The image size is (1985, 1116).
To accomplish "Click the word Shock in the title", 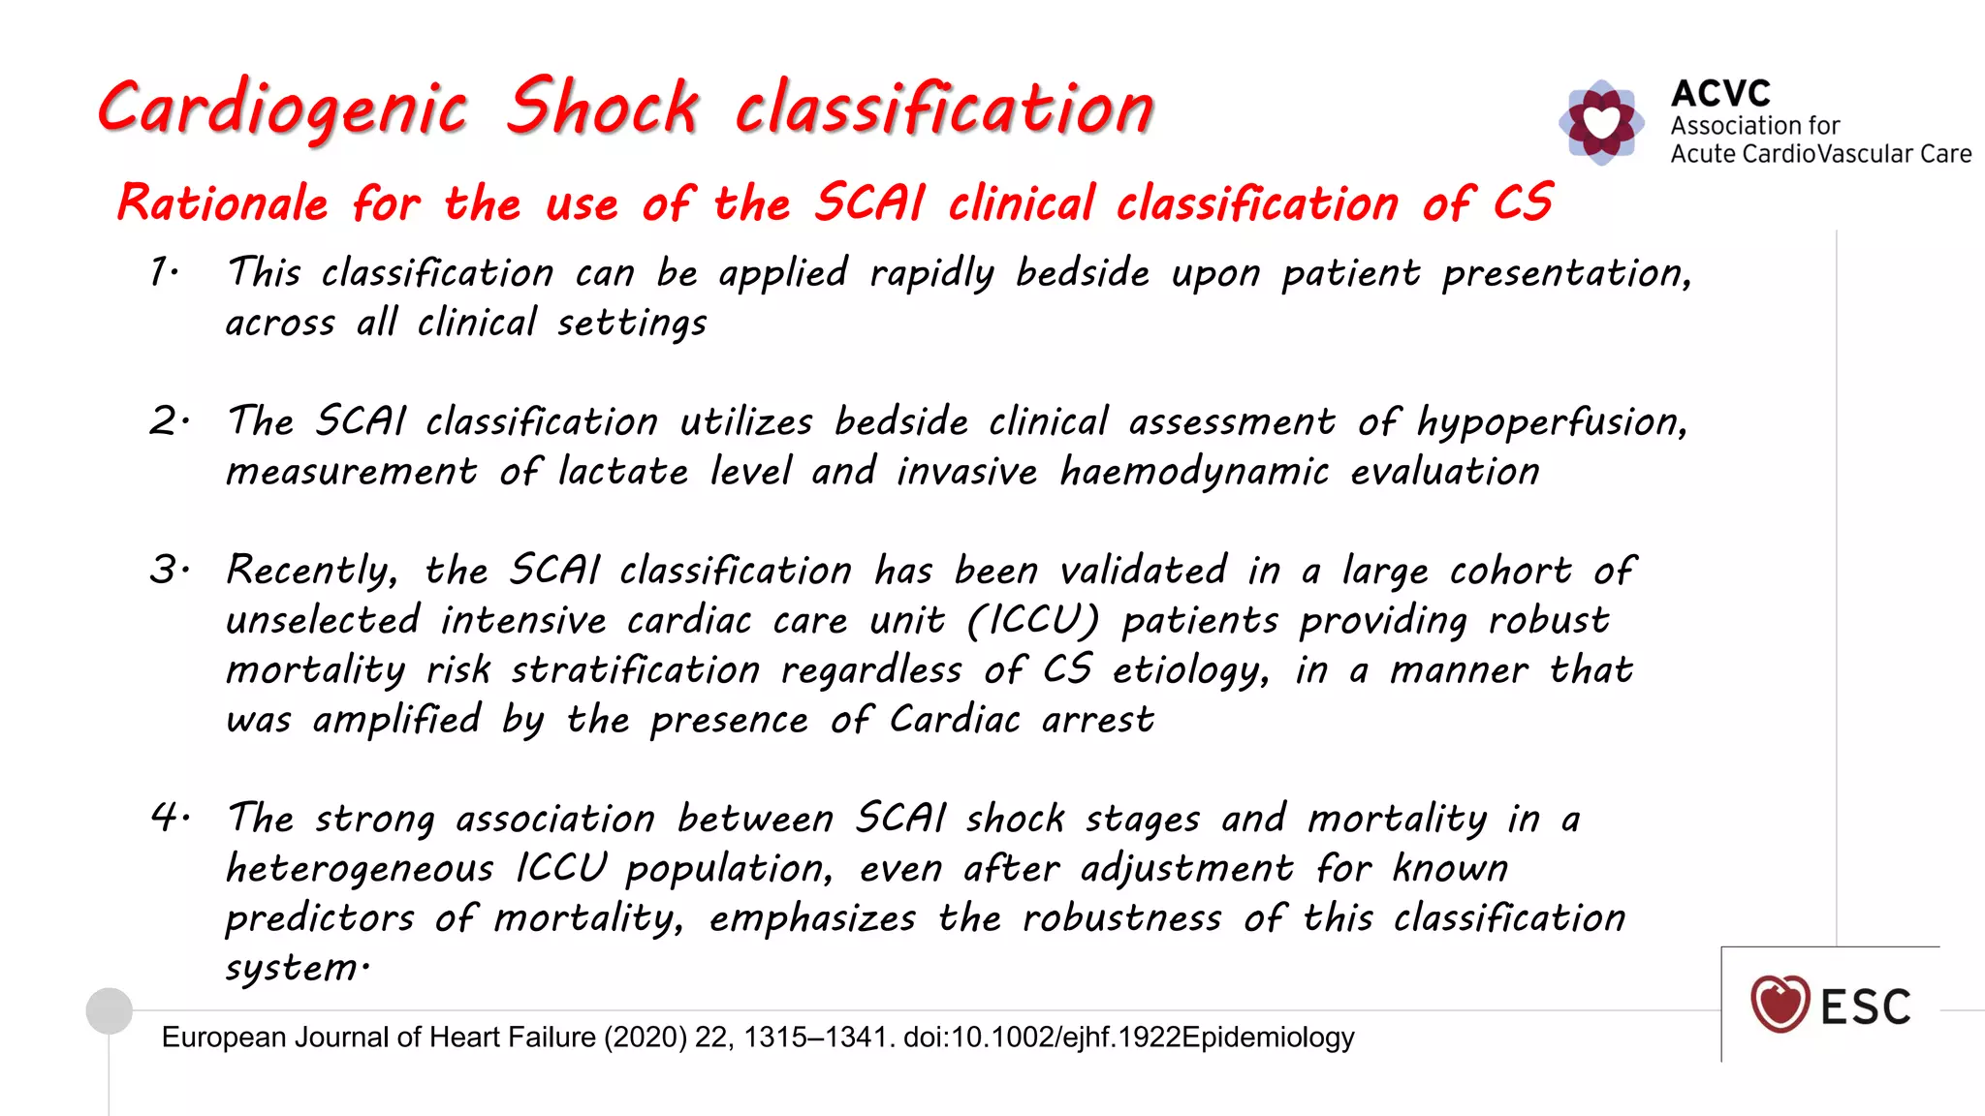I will [x=602, y=107].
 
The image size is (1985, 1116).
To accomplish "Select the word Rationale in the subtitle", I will [x=223, y=203].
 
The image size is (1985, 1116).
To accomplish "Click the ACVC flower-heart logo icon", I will [x=1601, y=122].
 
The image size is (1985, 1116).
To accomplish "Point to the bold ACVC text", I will [x=1720, y=94].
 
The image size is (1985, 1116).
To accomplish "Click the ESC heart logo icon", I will [x=1780, y=1004].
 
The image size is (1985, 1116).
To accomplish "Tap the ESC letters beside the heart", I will [x=1866, y=1007].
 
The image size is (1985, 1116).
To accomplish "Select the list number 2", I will [x=167, y=421].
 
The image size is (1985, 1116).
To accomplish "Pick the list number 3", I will [x=167, y=570].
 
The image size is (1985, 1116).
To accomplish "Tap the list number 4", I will [x=167, y=818].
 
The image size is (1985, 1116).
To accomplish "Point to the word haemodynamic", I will [x=1194, y=473].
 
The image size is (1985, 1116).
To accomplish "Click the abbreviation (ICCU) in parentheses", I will [x=1033, y=620].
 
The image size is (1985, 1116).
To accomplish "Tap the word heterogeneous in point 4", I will [x=360, y=868].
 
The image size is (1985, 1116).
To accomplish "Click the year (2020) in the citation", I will [x=646, y=1038].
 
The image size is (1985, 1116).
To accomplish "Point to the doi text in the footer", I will [x=1042, y=1038].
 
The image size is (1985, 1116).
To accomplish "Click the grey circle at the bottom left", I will [x=110, y=1011].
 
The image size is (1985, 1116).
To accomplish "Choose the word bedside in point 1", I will [x=1082, y=273].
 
